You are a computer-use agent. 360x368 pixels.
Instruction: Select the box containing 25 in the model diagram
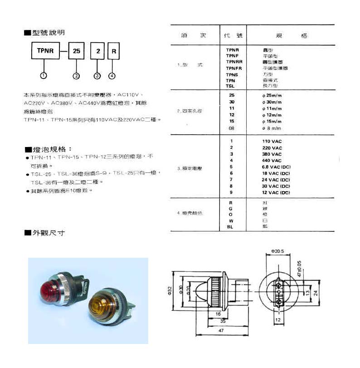[76, 52]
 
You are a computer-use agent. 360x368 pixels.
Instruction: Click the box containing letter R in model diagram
[112, 52]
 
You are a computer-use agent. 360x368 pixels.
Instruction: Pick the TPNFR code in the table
[234, 68]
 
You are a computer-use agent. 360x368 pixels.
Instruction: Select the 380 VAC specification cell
[272, 154]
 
